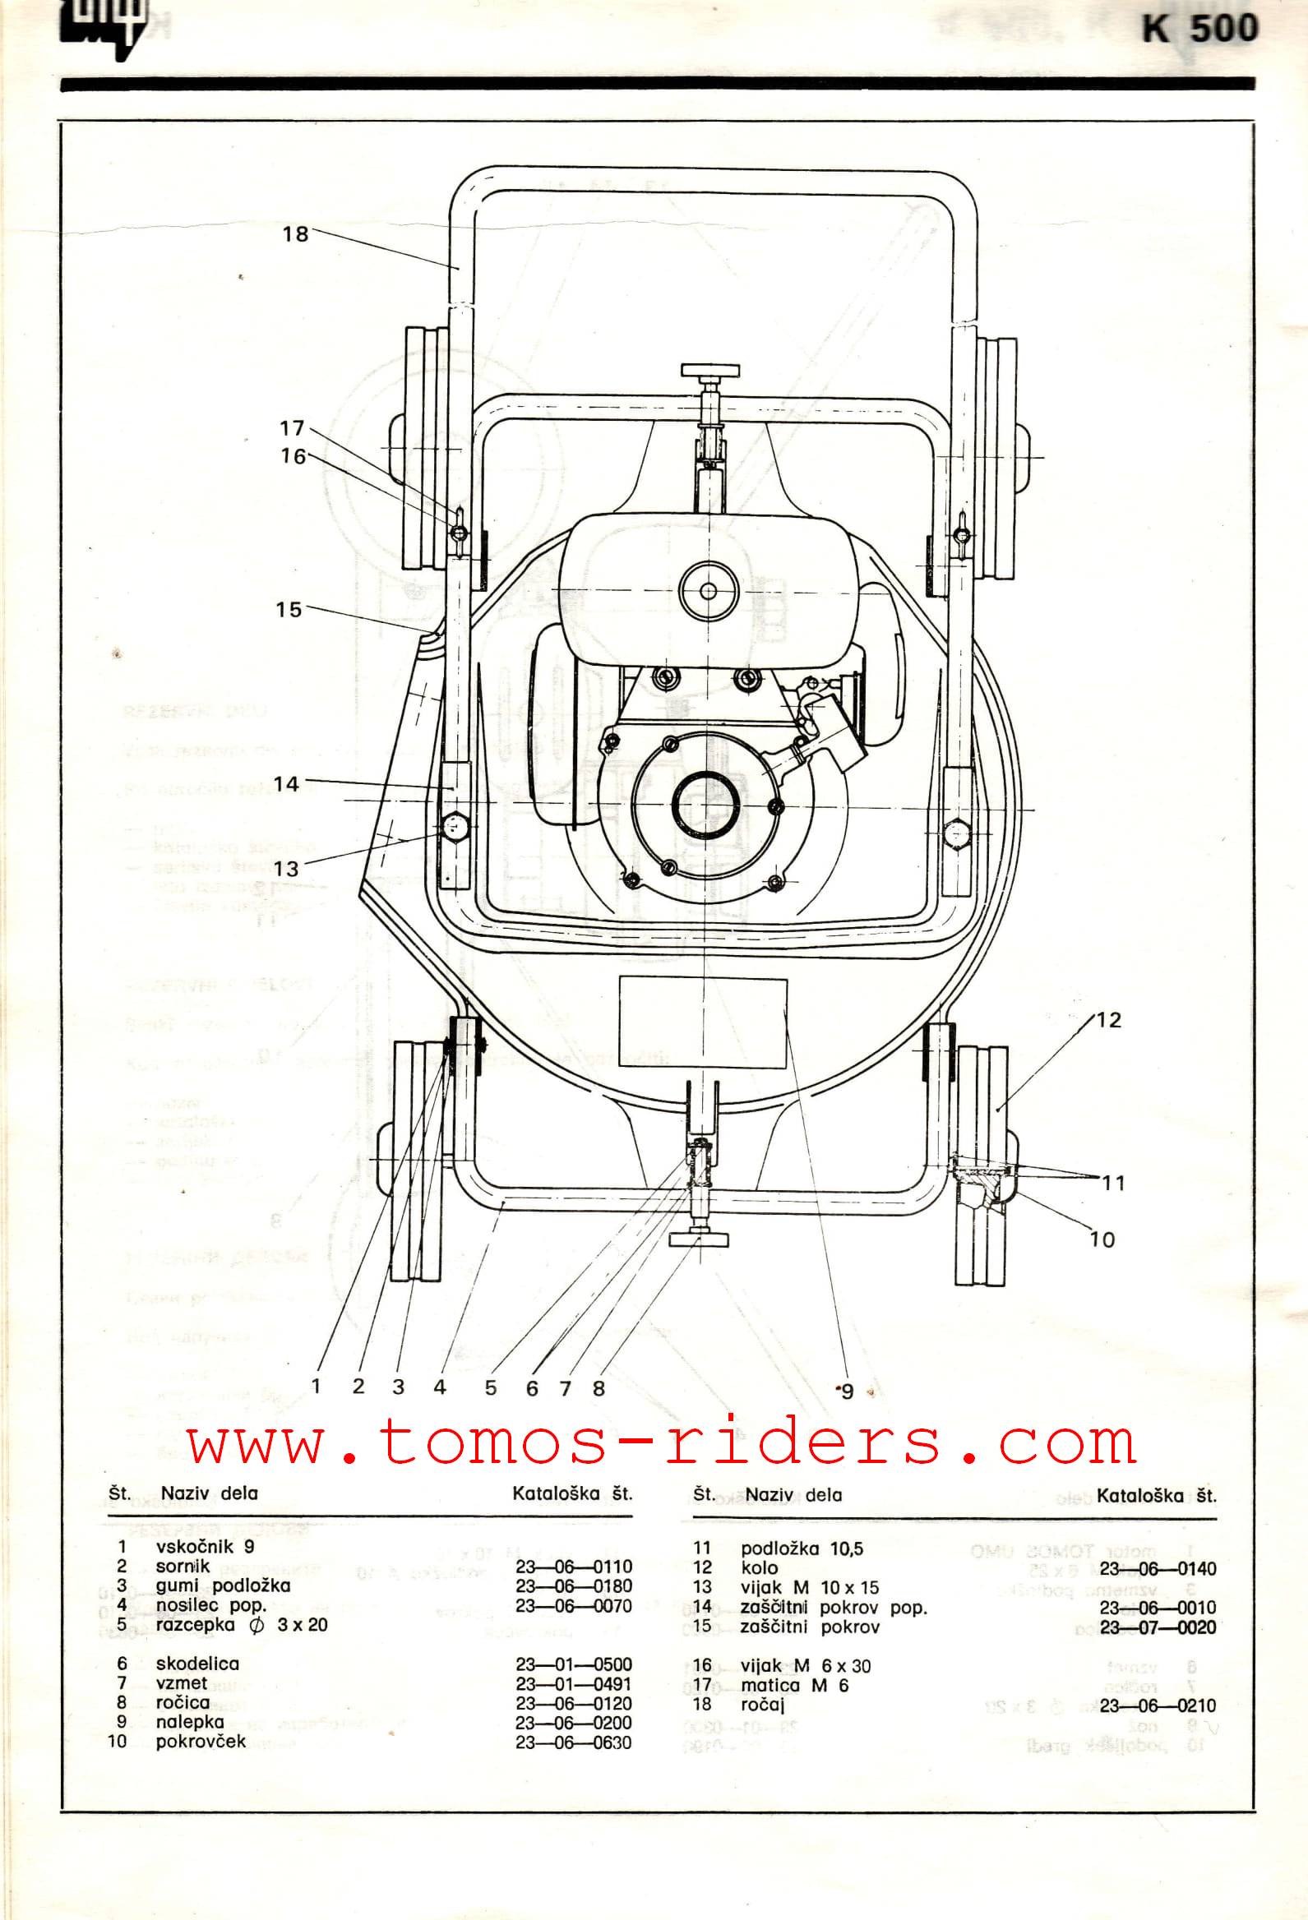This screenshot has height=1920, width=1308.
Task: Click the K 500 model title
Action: [x=1199, y=30]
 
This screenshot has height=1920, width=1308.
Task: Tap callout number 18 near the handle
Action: [x=295, y=233]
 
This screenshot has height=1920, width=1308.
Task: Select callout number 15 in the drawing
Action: [x=289, y=610]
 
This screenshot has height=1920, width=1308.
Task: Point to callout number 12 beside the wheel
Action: [x=1109, y=1020]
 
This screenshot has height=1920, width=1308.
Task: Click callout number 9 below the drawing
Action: [x=846, y=1392]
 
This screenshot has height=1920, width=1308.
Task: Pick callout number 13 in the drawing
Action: [x=286, y=868]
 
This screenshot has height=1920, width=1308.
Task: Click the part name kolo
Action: [x=760, y=1567]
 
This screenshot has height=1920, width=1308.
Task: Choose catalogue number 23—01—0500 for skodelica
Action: [x=574, y=1664]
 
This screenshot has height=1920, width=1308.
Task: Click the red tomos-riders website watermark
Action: [x=661, y=1445]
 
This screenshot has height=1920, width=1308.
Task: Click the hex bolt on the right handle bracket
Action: [x=958, y=834]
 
